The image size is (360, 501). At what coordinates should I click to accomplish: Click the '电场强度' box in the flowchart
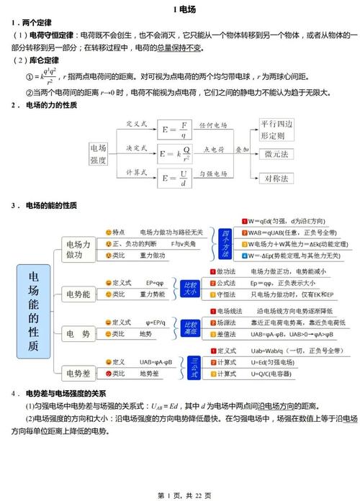pyautogui.click(x=99, y=152)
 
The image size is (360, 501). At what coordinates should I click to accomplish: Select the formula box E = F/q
pyautogui.click(x=176, y=130)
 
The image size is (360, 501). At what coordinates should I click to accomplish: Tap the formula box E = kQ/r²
pyautogui.click(x=176, y=153)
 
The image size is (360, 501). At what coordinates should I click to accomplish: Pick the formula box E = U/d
pyautogui.click(x=176, y=176)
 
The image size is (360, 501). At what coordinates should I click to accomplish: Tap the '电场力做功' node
pyautogui.click(x=78, y=249)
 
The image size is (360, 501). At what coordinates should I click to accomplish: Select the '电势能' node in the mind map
pyautogui.click(x=78, y=294)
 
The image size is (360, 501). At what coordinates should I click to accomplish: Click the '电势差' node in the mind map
pyautogui.click(x=78, y=373)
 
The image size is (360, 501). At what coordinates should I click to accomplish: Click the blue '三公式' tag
pyautogui.click(x=195, y=363)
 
